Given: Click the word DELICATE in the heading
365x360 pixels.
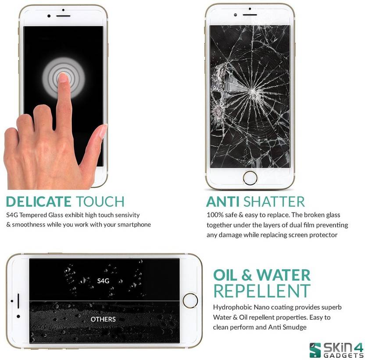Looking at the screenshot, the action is [x=39, y=202].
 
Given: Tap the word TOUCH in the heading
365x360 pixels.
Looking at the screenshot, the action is [x=100, y=202].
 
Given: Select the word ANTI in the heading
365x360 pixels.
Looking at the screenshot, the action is [x=223, y=202].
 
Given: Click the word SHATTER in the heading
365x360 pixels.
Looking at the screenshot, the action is [x=274, y=202].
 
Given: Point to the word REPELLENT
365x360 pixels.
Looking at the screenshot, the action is [x=262, y=291].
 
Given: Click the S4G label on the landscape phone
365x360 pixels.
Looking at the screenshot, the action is [x=103, y=281].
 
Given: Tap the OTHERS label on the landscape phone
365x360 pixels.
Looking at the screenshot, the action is [x=103, y=319].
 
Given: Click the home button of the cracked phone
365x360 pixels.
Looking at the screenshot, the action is [x=250, y=178].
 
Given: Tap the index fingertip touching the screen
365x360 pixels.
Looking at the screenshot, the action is [x=62, y=78].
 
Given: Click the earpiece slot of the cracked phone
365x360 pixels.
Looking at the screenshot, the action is [x=250, y=15].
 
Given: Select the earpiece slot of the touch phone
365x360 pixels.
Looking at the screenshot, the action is [x=63, y=16].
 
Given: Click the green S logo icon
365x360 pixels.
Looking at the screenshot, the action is [x=315, y=350].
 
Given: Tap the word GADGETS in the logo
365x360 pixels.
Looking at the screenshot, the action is [x=344, y=355].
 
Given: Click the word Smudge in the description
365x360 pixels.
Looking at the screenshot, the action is [x=294, y=328].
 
